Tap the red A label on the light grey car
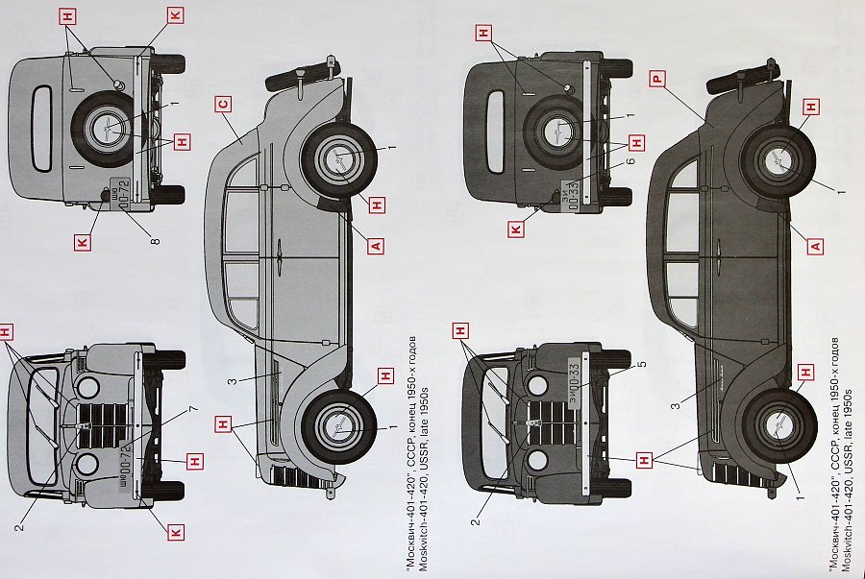point(376,246)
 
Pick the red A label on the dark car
point(815,247)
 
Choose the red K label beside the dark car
point(517,229)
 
